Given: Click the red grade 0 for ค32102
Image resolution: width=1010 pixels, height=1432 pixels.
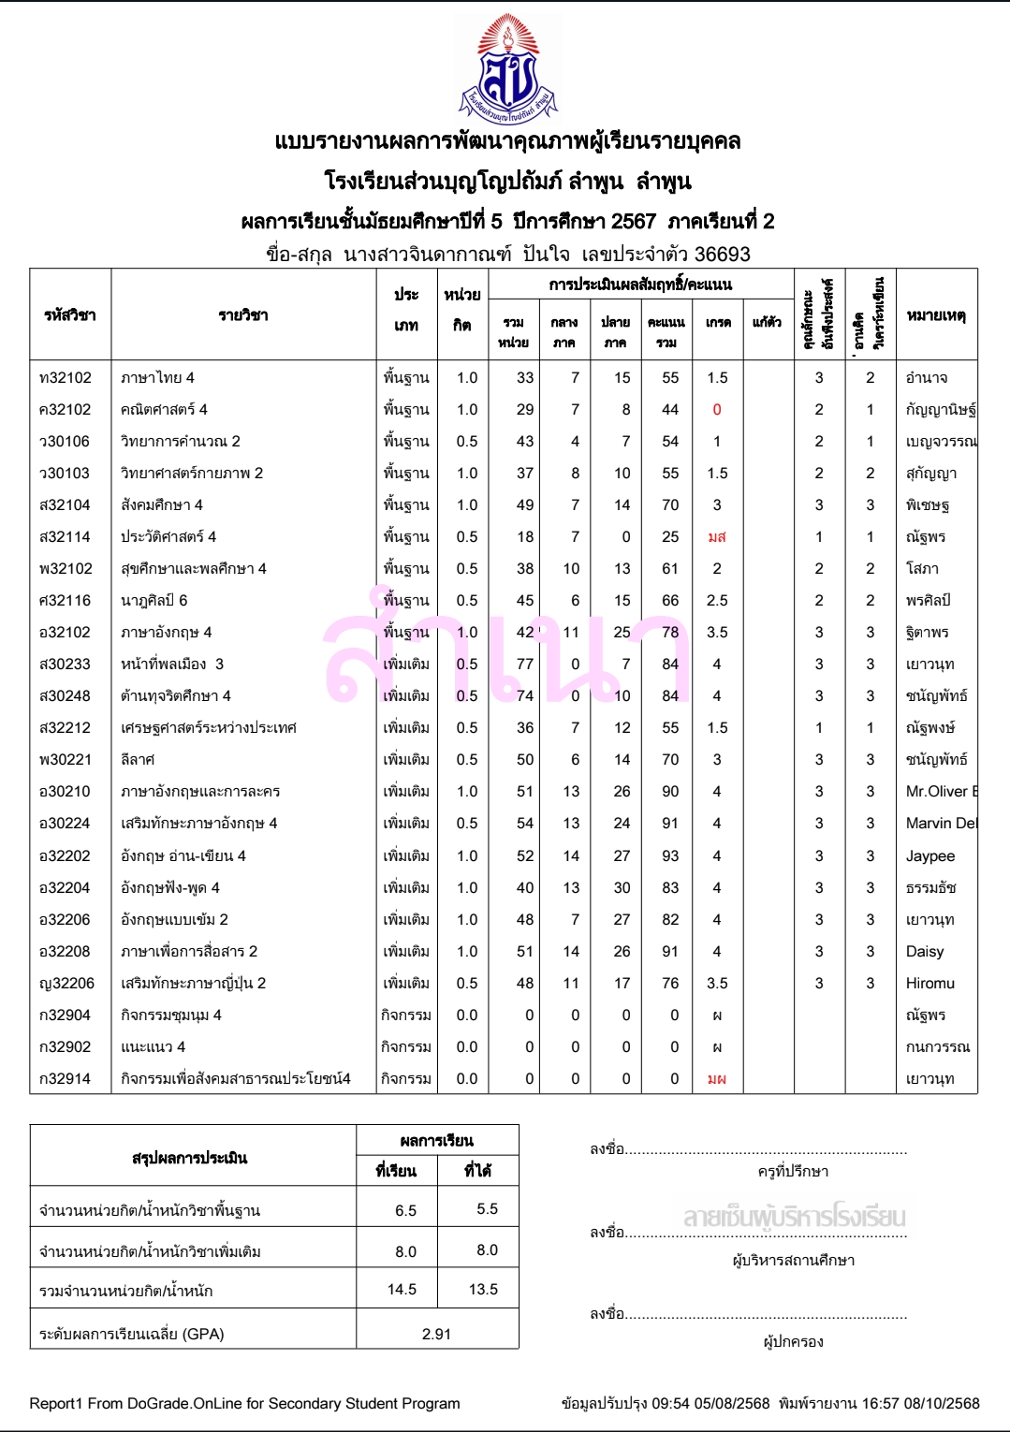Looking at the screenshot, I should pyautogui.click(x=717, y=410).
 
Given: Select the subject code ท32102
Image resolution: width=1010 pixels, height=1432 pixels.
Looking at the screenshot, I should pyautogui.click(x=66, y=378).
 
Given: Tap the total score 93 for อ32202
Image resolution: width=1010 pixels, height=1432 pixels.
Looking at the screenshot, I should pyautogui.click(x=670, y=856).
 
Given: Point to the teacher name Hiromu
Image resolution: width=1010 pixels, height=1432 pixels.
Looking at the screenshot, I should pyautogui.click(x=930, y=984).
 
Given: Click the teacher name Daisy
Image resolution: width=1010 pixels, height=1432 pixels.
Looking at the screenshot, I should pyautogui.click(x=925, y=952).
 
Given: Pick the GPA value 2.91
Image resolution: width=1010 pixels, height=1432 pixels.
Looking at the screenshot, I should pyautogui.click(x=436, y=1334).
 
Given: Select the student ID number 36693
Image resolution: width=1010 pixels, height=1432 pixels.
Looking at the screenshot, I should pyautogui.click(x=722, y=255).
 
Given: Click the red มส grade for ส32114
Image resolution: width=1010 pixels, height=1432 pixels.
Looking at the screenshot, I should pyautogui.click(x=717, y=537).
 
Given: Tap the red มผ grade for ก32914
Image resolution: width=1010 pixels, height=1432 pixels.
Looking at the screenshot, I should pyautogui.click(x=717, y=1079).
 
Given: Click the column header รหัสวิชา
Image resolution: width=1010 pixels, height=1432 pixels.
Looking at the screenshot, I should pyautogui.click(x=70, y=315).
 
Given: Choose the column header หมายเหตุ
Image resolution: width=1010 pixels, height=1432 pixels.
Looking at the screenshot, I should pyautogui.click(x=936, y=315).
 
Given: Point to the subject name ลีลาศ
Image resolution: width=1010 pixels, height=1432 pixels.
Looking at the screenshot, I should pyautogui.click(x=138, y=760).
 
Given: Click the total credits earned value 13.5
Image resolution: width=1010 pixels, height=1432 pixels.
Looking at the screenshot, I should pyautogui.click(x=483, y=1290).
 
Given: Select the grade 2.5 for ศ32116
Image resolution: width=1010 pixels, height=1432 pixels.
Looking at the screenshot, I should pyautogui.click(x=717, y=601).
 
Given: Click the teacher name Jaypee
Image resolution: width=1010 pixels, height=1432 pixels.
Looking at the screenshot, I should pyautogui.click(x=930, y=856).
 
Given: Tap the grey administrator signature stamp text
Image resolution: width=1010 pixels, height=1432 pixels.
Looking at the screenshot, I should pyautogui.click(x=794, y=1218).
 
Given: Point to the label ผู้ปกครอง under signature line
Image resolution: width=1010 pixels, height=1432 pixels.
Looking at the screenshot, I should pyautogui.click(x=794, y=1342).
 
